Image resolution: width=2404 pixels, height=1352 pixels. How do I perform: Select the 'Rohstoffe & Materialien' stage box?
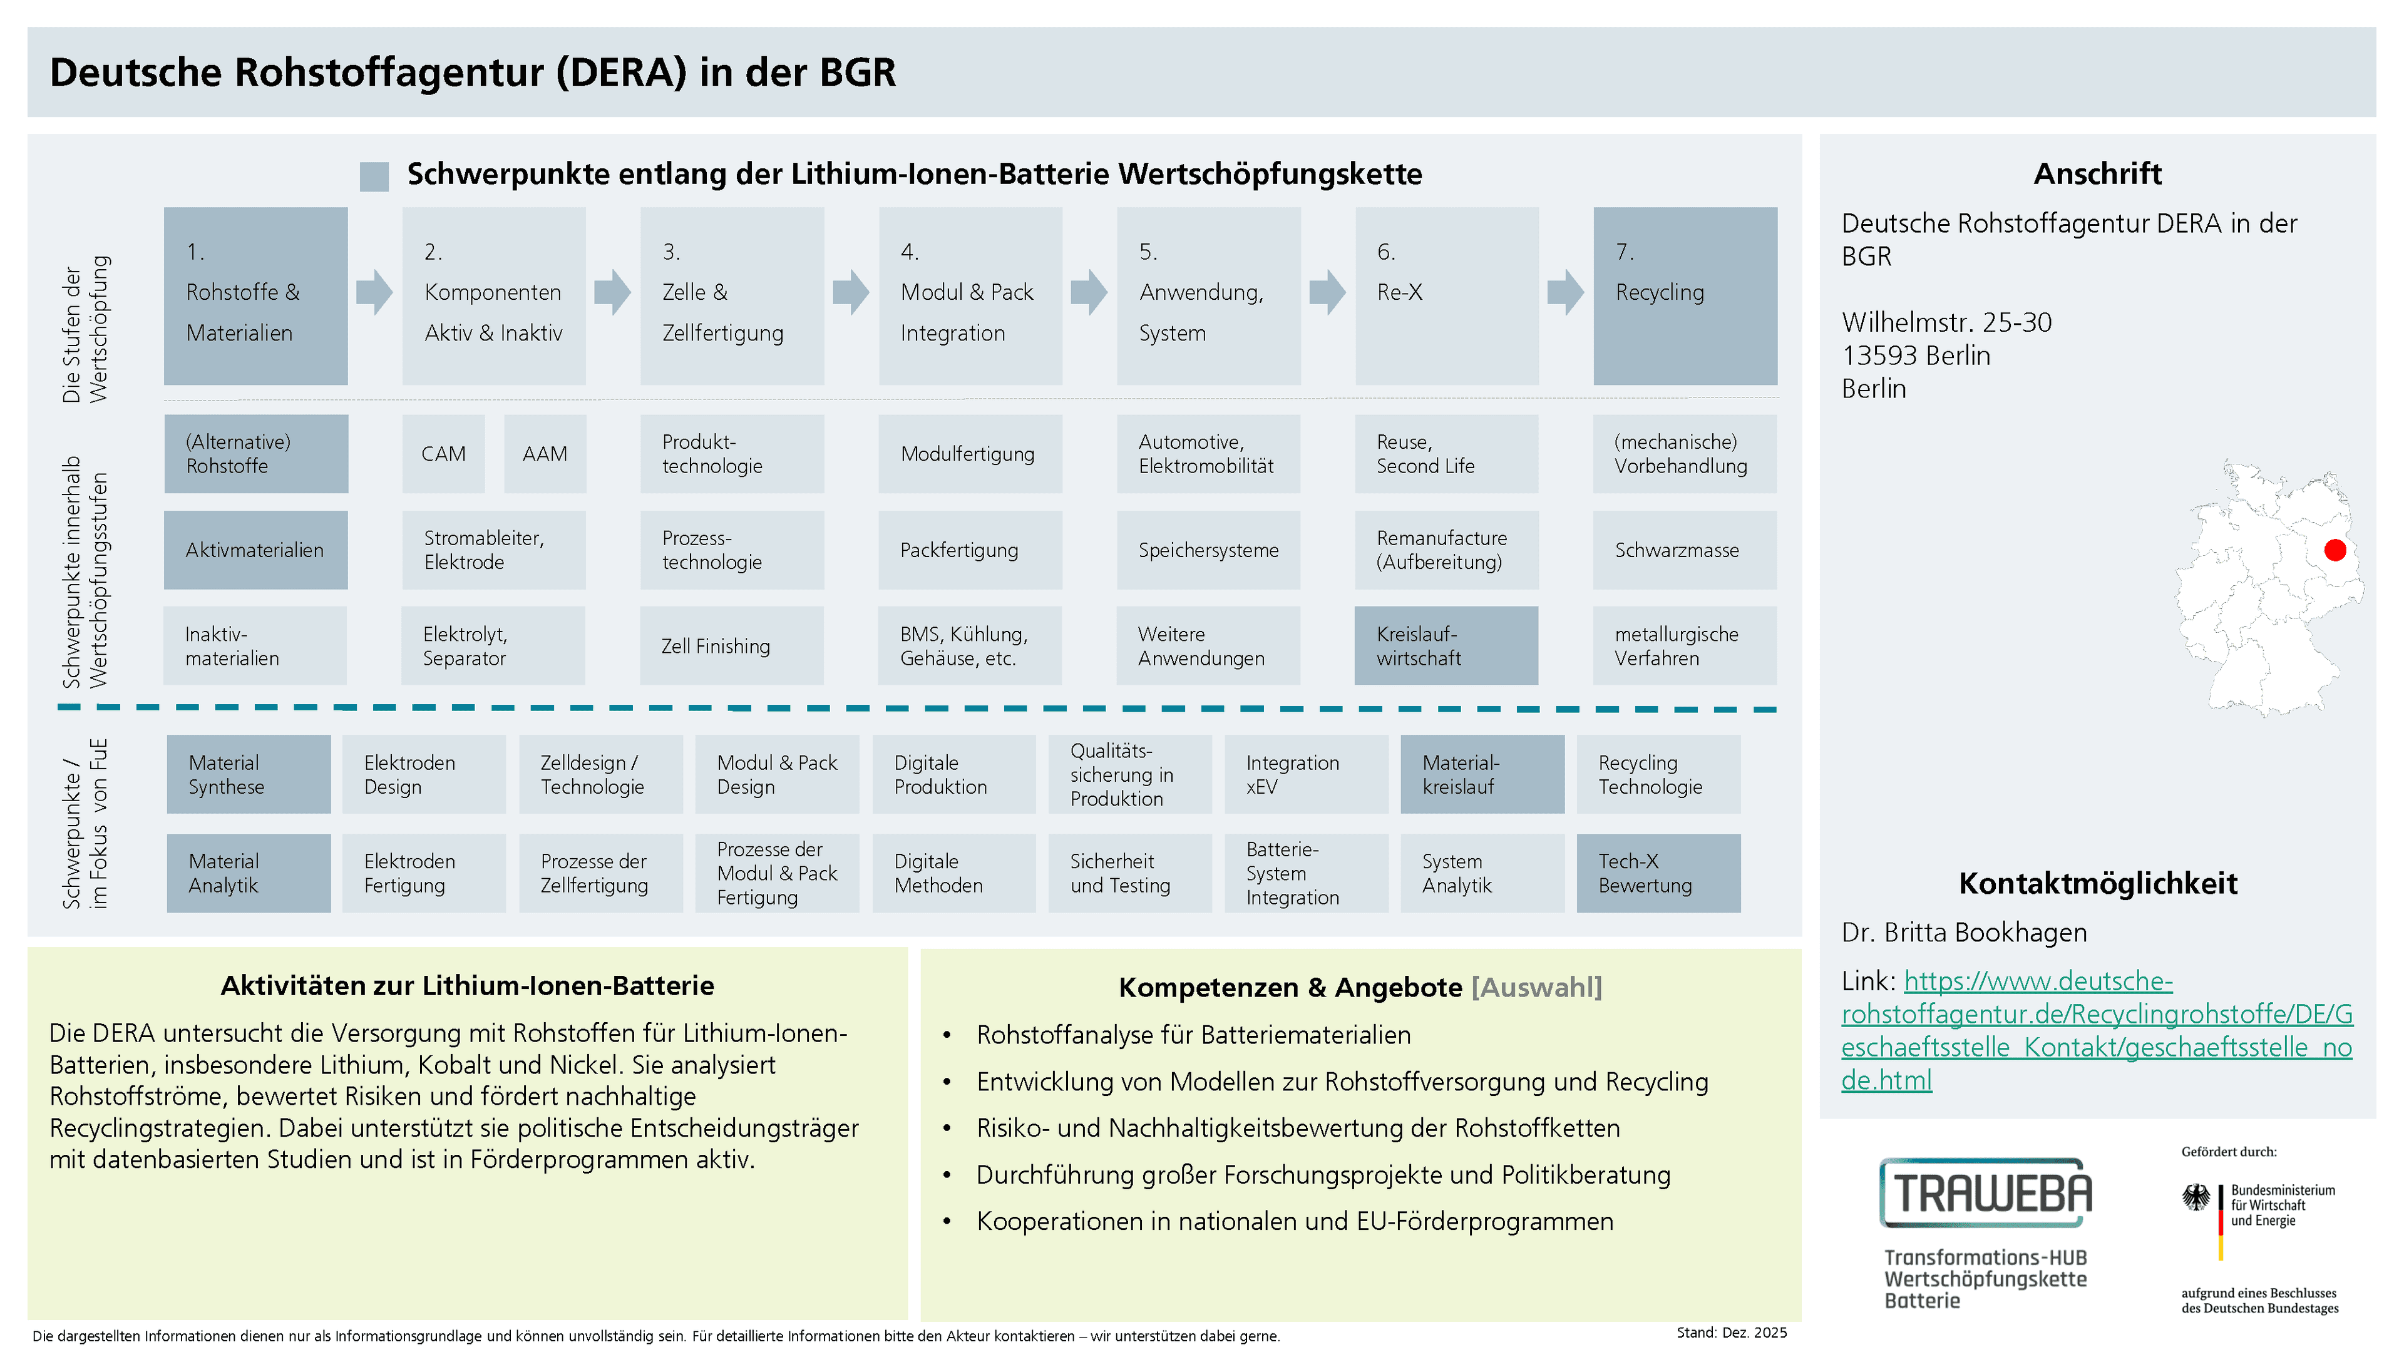tap(255, 296)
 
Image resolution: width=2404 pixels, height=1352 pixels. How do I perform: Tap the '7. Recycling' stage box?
tap(1685, 296)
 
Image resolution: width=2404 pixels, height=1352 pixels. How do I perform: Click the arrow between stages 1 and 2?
tap(375, 292)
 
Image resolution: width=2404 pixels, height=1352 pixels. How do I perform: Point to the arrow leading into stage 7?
tap(1566, 292)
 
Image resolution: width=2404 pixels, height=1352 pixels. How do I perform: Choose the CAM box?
tap(443, 453)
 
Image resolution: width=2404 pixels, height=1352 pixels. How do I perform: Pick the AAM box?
tap(545, 453)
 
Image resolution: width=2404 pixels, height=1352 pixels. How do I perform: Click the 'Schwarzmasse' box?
tap(1685, 550)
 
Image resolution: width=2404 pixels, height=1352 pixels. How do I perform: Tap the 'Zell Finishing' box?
tap(732, 646)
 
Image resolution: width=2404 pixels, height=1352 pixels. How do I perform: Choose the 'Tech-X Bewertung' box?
tap(1658, 873)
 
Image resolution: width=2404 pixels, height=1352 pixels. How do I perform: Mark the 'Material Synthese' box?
tap(249, 774)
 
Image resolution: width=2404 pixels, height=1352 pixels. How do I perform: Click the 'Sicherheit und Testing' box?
tap(1129, 873)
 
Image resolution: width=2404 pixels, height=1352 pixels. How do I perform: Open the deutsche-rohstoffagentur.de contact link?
tap(2096, 1030)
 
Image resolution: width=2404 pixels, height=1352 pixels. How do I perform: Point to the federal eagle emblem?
tap(2196, 1197)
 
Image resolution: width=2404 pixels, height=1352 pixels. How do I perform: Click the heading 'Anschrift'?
tap(2097, 173)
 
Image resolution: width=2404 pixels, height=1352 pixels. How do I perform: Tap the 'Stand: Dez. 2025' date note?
tap(1731, 1333)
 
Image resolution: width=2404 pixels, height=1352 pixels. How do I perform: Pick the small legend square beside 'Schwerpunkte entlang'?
tap(374, 177)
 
